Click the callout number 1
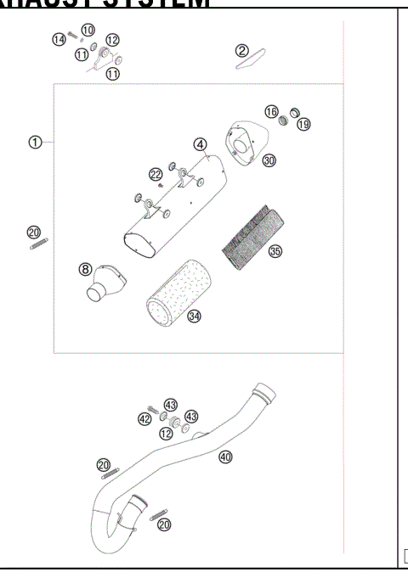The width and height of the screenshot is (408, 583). [x=35, y=142]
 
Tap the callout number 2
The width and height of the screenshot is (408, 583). [x=242, y=51]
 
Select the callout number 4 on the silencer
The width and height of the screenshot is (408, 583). [x=200, y=145]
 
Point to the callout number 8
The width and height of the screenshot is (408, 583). [x=85, y=269]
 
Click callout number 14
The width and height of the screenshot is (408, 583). [x=59, y=39]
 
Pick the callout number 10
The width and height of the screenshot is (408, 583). [x=88, y=31]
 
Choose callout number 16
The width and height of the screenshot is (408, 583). [x=271, y=112]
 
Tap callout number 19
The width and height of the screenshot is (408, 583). [x=303, y=124]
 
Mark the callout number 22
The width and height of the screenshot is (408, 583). [x=156, y=174]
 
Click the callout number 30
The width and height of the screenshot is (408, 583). [x=269, y=160]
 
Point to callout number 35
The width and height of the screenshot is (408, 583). [x=275, y=251]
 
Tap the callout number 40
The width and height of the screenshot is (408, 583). [x=225, y=456]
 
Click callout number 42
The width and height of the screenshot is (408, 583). [x=144, y=418]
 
